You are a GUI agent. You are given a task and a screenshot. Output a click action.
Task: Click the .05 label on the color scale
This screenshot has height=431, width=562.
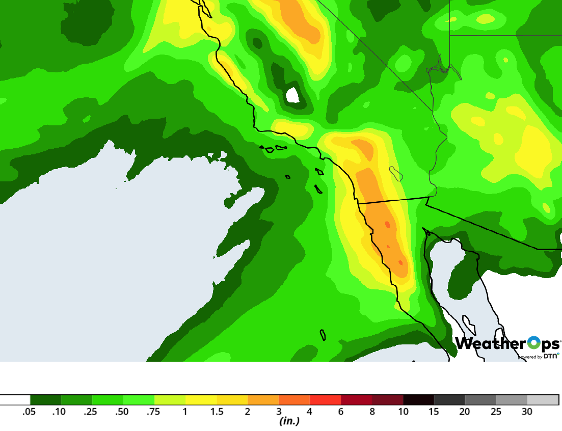[29, 412]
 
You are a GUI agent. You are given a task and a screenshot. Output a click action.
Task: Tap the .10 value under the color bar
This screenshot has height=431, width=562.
[59, 412]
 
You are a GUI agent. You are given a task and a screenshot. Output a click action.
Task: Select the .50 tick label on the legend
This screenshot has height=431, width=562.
[121, 412]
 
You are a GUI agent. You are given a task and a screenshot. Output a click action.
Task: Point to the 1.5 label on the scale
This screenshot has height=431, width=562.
[217, 412]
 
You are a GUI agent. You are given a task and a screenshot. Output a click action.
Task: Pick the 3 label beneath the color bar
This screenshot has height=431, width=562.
[279, 412]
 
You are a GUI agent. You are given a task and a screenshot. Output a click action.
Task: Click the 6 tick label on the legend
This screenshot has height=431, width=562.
[341, 412]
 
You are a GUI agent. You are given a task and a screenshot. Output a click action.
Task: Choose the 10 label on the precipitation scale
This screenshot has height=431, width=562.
[403, 412]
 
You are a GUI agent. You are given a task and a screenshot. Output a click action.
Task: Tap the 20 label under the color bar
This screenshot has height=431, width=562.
[465, 412]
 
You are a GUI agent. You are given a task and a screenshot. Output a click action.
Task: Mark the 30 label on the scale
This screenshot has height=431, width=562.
[527, 412]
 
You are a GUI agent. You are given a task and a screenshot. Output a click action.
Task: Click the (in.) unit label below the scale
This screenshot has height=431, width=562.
[289, 421]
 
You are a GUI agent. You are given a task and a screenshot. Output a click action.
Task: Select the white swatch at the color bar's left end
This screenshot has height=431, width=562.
[15, 400]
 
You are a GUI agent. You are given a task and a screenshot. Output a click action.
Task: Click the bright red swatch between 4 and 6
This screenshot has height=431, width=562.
[325, 400]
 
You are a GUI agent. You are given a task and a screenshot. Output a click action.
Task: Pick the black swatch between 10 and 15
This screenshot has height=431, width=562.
[418, 400]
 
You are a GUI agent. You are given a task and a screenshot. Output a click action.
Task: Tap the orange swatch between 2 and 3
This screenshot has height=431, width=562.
[263, 400]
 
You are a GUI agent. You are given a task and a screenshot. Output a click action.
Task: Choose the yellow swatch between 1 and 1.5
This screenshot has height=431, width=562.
[201, 400]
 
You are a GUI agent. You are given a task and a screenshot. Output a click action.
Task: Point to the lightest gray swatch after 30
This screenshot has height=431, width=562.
[543, 400]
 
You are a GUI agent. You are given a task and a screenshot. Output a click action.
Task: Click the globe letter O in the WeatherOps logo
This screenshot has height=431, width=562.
[533, 343]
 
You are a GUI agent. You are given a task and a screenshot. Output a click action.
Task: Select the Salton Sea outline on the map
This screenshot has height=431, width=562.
[396, 174]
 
